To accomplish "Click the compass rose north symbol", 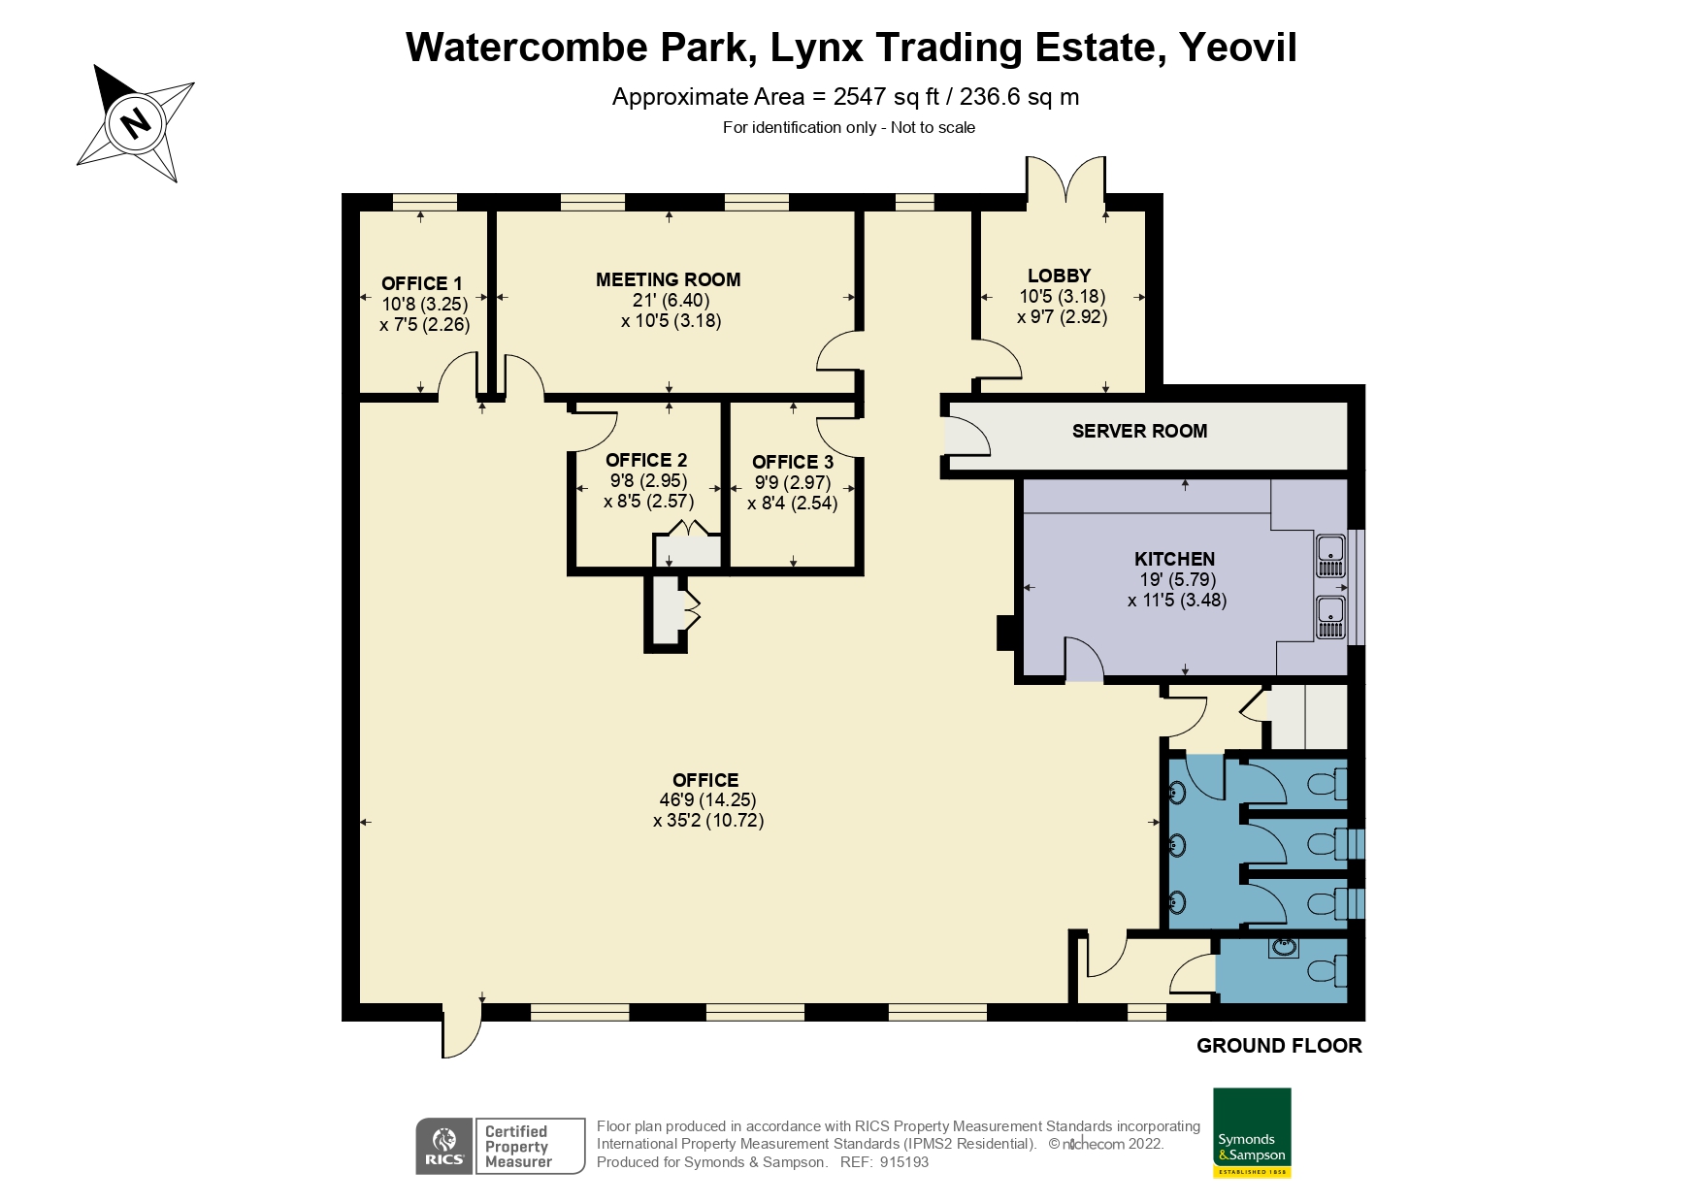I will point(136,123).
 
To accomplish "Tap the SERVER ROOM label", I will point(1139,431).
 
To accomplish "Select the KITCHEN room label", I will point(1174,559).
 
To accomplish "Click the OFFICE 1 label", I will point(421,283).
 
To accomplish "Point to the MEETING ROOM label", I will point(668,279).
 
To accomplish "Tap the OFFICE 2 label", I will point(646,460).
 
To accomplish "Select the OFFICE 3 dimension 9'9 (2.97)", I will point(793,482).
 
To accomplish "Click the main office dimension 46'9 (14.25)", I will point(706,800).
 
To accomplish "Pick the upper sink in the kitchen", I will point(1328,550).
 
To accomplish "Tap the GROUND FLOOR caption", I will point(1278,1046).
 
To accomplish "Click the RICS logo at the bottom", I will point(444,1147).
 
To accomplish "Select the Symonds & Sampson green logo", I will point(1252,1132).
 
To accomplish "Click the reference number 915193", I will point(903,1162).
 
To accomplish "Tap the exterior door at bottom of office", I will point(461,1031).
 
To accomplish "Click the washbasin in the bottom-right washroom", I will point(1283,947).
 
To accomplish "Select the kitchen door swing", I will point(1084,660).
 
